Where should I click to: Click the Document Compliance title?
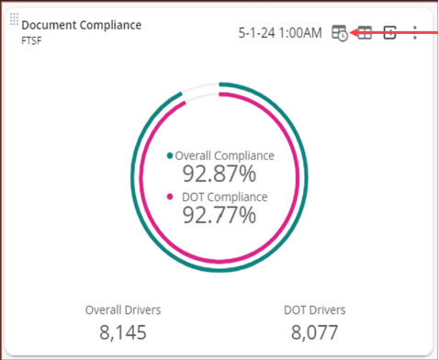82,25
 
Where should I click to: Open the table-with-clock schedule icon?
340,33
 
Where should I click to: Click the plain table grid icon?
365,33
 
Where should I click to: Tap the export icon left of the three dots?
389,33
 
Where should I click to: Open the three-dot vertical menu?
415,33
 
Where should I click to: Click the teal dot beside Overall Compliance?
169,156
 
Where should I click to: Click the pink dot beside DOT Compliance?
169,197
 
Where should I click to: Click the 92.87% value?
219,174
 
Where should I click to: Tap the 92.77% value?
219,216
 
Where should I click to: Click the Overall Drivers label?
122,309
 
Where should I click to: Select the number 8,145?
122,332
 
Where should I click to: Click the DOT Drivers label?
314,309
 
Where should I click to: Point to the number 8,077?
314,332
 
